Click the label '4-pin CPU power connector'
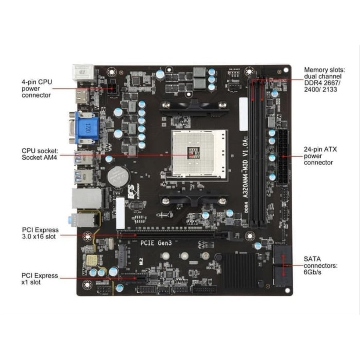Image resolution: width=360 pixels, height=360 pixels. click(37, 88)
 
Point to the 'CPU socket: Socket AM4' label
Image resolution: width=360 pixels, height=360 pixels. click(40, 154)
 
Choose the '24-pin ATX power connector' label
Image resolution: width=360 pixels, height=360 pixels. click(320, 156)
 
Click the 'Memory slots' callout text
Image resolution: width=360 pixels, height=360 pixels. click(324, 79)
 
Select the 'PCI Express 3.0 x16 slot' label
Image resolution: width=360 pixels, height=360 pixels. click(40, 233)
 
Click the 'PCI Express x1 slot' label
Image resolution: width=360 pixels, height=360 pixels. click(40, 279)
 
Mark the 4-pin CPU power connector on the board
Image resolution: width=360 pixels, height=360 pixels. click(112, 89)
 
